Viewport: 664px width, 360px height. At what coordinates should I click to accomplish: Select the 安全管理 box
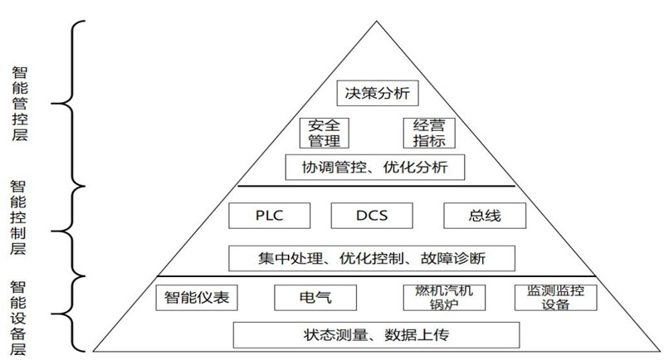325,134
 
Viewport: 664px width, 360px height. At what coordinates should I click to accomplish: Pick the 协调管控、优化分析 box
375,167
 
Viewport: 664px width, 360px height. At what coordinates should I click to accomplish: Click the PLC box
269,216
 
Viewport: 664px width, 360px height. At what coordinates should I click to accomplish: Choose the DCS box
372,216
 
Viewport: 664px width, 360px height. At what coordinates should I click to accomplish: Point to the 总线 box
485,216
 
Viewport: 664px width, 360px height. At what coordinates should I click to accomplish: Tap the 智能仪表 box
197,297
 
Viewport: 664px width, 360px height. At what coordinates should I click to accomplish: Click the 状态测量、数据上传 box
376,335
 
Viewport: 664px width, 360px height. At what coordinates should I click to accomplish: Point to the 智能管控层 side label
20,104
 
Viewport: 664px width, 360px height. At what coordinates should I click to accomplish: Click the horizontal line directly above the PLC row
375,186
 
